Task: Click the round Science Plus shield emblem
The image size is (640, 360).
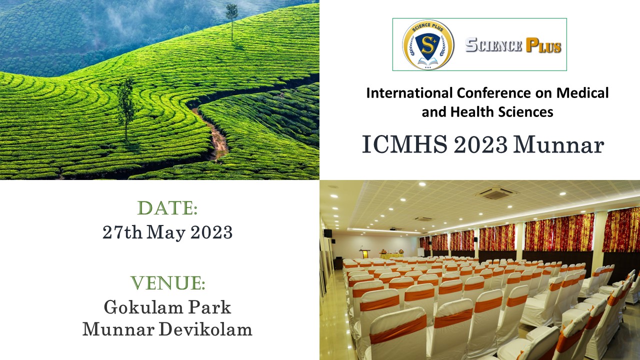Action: click(x=428, y=44)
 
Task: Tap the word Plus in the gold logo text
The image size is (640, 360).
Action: click(x=543, y=45)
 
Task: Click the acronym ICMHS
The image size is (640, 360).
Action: click(x=404, y=144)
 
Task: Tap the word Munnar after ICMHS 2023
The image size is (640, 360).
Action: click(x=559, y=144)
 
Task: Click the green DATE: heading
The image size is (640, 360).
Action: click(x=167, y=208)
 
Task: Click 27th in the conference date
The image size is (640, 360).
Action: click(x=122, y=232)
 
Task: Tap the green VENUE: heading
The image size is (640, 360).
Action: click(x=167, y=283)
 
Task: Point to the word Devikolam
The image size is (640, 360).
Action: click(x=205, y=329)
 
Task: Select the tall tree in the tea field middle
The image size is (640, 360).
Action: click(x=125, y=109)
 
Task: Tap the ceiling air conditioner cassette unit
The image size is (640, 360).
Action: click(x=496, y=193)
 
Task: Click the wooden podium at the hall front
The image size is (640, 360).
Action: click(x=365, y=253)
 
